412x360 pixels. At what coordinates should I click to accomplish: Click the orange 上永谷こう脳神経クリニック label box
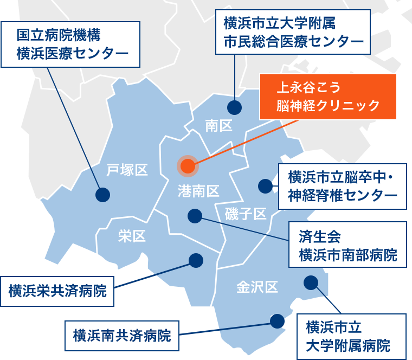click(x=327, y=97)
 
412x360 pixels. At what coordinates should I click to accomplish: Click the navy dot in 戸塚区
click(x=102, y=194)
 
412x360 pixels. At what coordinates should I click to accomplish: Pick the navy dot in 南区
click(x=234, y=107)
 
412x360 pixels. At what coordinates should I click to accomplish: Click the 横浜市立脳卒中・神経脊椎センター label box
click(x=342, y=186)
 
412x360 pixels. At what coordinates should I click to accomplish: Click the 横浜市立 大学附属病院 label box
click(x=351, y=336)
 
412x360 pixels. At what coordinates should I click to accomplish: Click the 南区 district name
click(x=218, y=126)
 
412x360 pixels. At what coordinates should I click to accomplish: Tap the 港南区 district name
click(x=198, y=190)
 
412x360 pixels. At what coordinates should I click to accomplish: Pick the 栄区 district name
click(x=132, y=236)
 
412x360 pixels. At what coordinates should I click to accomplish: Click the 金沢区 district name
click(x=256, y=287)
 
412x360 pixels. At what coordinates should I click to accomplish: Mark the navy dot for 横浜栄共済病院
click(x=195, y=260)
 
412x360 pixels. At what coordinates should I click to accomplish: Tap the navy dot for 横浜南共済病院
click(x=277, y=321)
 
